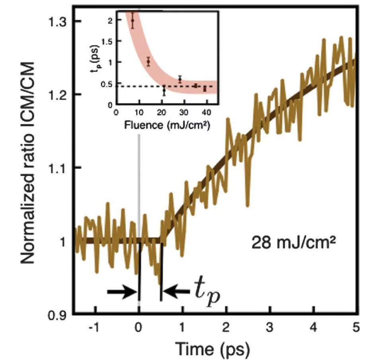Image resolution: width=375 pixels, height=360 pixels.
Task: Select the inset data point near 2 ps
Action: [133, 20]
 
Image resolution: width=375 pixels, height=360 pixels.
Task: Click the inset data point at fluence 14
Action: [148, 62]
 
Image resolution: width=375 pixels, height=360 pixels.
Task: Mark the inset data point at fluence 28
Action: [180, 80]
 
